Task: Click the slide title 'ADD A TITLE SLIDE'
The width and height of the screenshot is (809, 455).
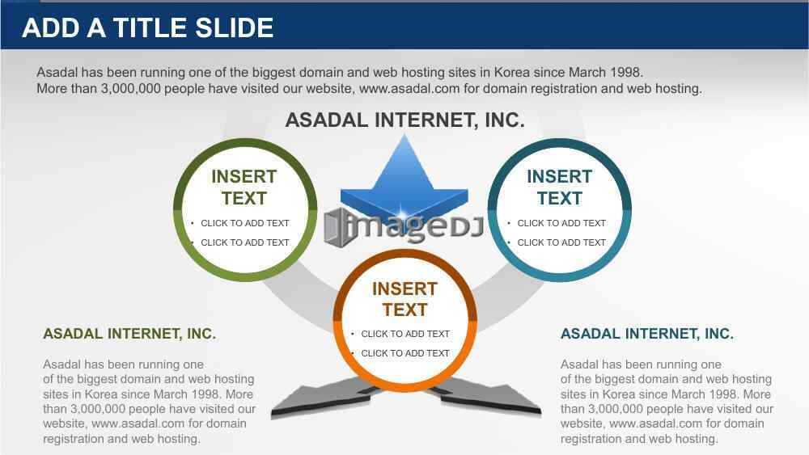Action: [x=147, y=27]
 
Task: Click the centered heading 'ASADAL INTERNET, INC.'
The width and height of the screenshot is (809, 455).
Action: [x=404, y=120]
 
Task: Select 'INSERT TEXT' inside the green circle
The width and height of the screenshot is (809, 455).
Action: [x=244, y=187]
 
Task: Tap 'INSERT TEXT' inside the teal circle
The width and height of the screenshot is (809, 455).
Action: [x=559, y=187]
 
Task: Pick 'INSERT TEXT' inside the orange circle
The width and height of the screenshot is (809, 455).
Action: [x=404, y=299]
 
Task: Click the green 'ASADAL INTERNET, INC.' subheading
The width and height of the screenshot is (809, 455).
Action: [x=129, y=334]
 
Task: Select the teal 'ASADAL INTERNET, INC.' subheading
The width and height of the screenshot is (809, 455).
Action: [x=647, y=334]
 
